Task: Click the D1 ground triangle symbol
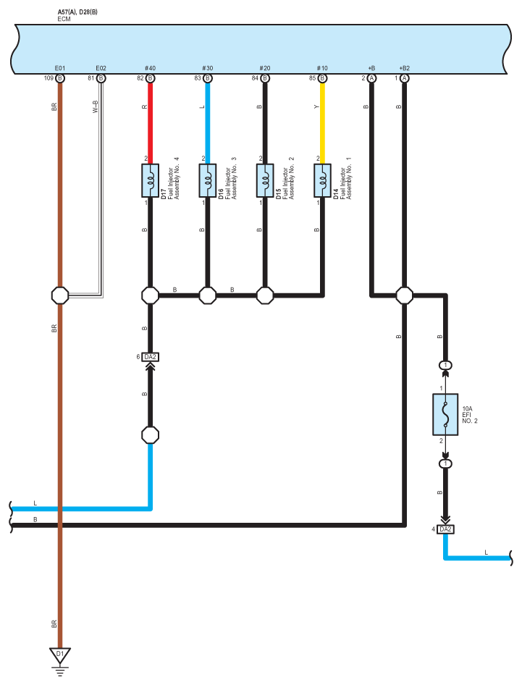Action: pos(60,655)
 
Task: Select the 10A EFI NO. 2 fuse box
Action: pos(445,414)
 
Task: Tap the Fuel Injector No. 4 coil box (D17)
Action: pos(151,180)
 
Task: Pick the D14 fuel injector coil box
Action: pos(322,180)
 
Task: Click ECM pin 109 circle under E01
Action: pos(60,78)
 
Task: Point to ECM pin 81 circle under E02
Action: pos(101,78)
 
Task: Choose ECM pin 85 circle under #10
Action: pos(322,78)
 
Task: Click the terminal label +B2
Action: pos(405,68)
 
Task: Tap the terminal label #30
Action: pos(208,68)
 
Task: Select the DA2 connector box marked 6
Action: pos(151,357)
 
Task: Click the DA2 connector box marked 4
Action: pos(445,529)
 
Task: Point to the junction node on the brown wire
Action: pos(60,295)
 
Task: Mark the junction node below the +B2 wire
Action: pos(405,295)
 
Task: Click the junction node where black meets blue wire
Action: pos(151,435)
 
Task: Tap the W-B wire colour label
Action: pos(96,106)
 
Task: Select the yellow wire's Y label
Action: pos(316,106)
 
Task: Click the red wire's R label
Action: pos(145,106)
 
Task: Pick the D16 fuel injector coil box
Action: pos(208,180)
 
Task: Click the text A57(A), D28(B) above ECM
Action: pos(77,12)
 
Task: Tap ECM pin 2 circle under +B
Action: pos(371,78)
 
